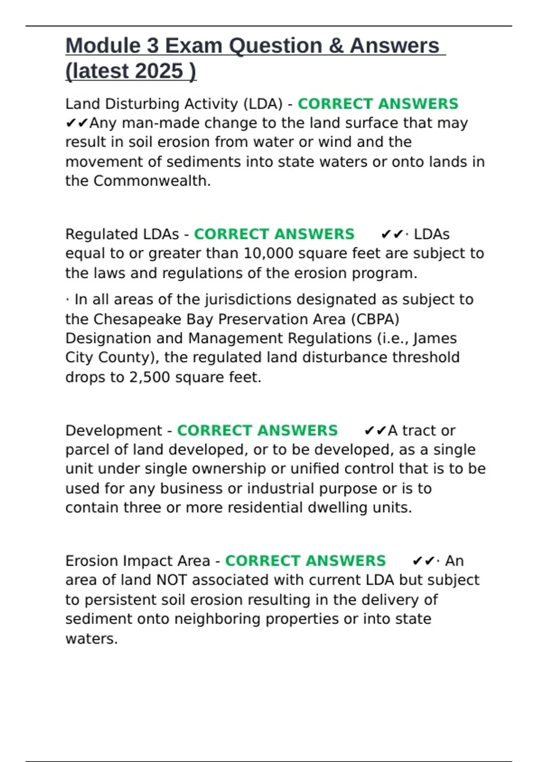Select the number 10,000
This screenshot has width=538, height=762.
(269, 253)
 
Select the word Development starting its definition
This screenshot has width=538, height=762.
(113, 430)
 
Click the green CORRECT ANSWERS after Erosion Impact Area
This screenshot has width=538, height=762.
(305, 561)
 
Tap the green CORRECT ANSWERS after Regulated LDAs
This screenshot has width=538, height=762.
(274, 234)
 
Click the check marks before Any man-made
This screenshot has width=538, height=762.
(77, 123)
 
